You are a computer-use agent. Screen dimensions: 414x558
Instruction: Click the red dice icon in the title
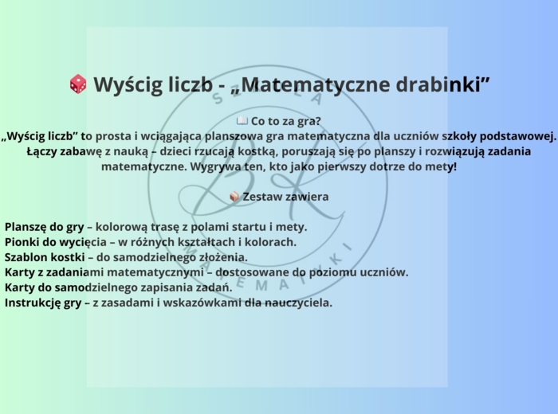[78, 84]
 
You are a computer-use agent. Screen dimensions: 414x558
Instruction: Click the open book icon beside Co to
[242, 122]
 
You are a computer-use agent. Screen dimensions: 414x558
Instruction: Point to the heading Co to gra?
[285, 122]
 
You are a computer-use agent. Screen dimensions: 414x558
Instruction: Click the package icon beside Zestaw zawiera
[234, 197]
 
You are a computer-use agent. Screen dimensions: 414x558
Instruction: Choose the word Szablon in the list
[28, 257]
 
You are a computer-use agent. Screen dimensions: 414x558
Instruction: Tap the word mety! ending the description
[441, 167]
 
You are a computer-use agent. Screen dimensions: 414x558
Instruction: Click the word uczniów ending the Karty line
[384, 272]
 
